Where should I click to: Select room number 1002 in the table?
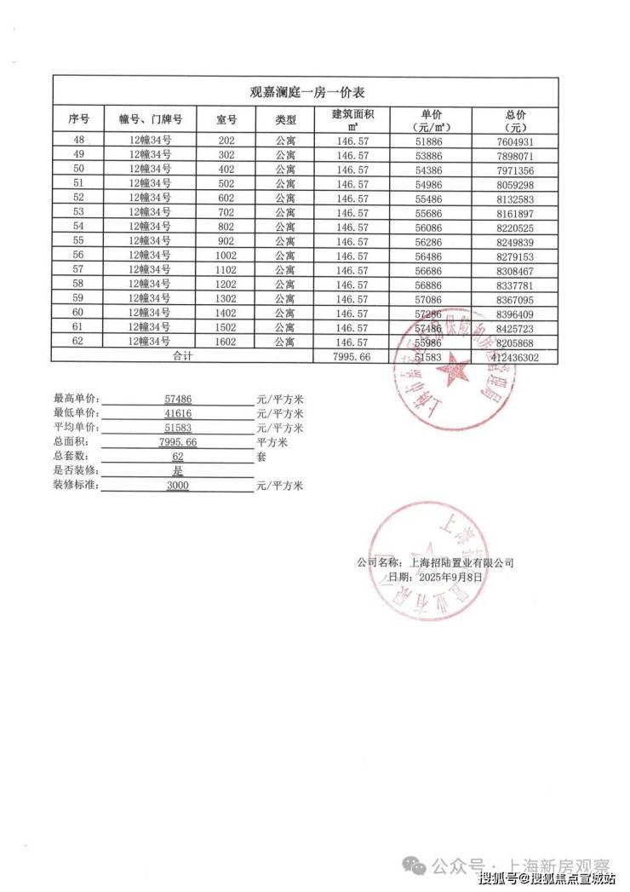click(226, 255)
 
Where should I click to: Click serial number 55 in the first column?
click(79, 241)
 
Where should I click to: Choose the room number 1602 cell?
click(226, 342)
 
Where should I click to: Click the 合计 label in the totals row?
click(182, 356)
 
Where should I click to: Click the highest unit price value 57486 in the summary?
click(177, 399)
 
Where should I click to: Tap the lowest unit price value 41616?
click(177, 413)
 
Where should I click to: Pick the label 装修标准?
click(76, 486)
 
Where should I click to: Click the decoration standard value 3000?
click(177, 486)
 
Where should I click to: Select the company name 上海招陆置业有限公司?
click(461, 563)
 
